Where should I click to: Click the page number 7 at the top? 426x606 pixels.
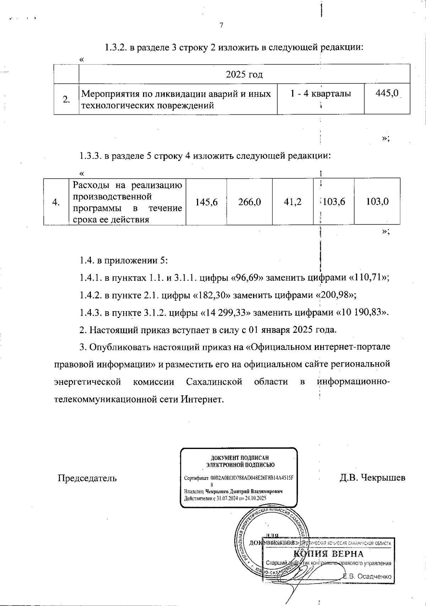pos(221,26)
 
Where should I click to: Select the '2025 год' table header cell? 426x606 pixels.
pos(244,75)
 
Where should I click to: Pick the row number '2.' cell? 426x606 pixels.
pos(66,99)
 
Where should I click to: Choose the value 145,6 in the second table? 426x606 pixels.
pos(206,202)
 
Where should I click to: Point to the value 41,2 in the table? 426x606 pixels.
pos(293,202)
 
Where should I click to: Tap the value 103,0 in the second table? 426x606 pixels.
pos(377,202)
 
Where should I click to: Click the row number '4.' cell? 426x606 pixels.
pos(56,202)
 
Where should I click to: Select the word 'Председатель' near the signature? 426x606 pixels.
pos(87,478)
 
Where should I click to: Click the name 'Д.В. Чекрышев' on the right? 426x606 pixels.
pos(372,478)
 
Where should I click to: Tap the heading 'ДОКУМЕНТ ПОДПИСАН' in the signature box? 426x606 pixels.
pos(240,458)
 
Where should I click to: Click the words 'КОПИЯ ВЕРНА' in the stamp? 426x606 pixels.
pos(328,554)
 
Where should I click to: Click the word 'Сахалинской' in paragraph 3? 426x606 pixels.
pos(214,382)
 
